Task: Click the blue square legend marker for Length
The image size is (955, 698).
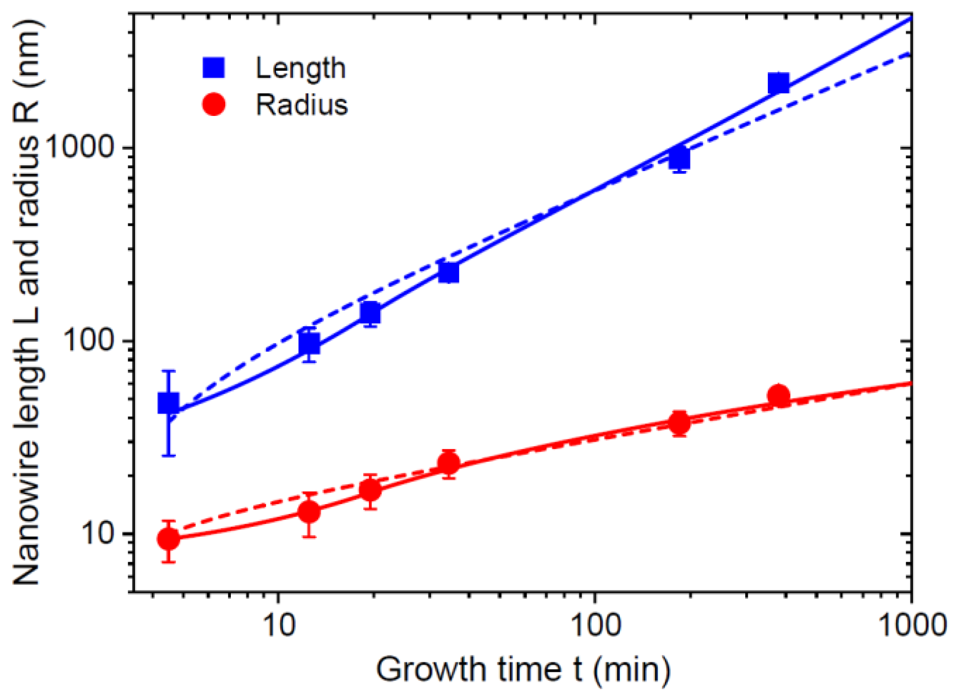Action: (x=214, y=68)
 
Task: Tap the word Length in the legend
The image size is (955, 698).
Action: (x=300, y=69)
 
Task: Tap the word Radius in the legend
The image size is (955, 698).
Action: (x=302, y=104)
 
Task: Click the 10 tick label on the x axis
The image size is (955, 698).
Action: (x=279, y=626)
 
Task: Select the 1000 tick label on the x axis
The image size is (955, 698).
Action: (x=910, y=626)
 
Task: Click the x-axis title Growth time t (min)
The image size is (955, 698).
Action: (x=523, y=669)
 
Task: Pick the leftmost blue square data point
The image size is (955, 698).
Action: (x=168, y=403)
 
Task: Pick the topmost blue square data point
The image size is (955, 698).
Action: (x=779, y=84)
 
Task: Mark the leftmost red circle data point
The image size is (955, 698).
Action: (x=168, y=539)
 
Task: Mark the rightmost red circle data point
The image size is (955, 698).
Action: (x=779, y=395)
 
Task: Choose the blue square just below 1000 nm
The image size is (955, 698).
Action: (x=680, y=158)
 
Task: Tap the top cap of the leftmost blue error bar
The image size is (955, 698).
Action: (x=168, y=371)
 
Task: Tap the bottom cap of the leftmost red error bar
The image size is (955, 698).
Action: (x=168, y=562)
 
